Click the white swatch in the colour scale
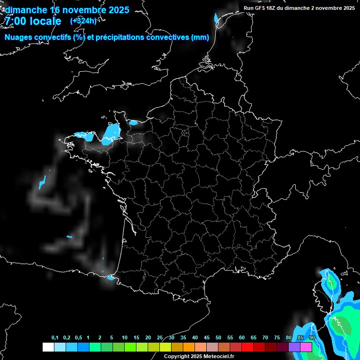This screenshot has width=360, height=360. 48,347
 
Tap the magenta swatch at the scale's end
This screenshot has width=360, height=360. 306,347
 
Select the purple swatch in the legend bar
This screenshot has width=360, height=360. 294,347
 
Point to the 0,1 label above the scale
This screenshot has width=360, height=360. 55,338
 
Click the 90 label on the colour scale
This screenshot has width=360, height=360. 312,338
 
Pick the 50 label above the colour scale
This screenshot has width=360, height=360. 218,338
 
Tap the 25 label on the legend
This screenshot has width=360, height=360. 160,338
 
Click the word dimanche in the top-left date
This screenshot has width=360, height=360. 26,10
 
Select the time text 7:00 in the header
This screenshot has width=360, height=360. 15,21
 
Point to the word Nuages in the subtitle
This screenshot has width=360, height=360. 20,37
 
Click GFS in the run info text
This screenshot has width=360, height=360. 261,8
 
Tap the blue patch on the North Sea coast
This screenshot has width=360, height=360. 216,19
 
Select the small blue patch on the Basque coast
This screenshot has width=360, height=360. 111,278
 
